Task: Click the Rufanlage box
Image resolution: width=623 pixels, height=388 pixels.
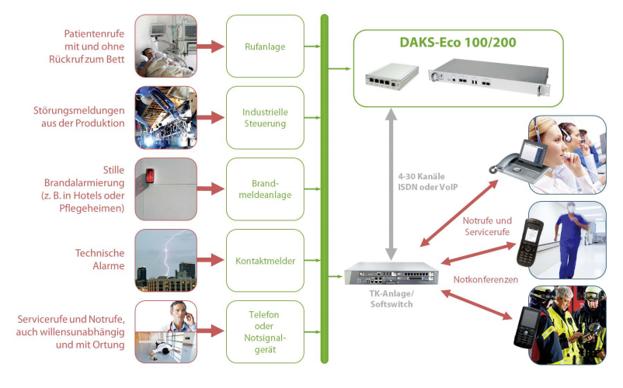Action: (265, 47)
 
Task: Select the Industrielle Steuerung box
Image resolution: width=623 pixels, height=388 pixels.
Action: (265, 118)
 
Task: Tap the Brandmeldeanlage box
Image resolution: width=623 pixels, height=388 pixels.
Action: (265, 189)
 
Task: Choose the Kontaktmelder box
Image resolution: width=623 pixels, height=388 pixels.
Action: (265, 261)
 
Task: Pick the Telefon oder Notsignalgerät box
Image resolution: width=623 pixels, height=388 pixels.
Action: (265, 332)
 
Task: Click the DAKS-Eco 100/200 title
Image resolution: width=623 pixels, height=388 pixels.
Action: (458, 43)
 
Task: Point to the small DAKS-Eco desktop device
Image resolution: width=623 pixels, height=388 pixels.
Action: (392, 76)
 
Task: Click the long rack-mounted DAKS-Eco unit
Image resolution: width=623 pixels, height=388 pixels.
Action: (489, 76)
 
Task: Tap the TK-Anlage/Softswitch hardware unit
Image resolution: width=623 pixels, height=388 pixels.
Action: (392, 273)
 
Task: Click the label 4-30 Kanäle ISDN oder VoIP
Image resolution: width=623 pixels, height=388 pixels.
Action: (428, 182)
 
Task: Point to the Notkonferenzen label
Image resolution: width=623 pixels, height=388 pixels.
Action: (486, 279)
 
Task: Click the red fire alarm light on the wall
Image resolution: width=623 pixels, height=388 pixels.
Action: (150, 175)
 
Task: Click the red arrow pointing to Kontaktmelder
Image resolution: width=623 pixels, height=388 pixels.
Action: (211, 260)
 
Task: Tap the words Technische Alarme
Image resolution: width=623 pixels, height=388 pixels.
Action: (99, 259)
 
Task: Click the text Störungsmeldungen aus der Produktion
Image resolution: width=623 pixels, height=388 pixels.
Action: (78, 116)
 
